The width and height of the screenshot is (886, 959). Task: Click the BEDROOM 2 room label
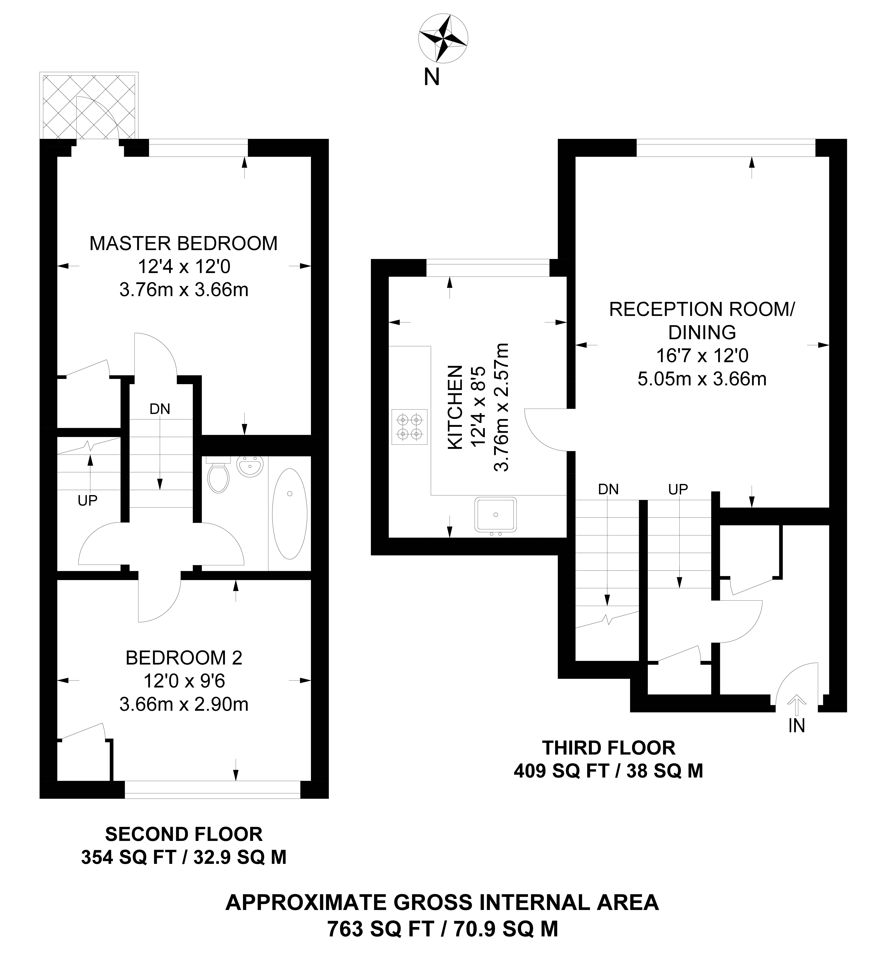click(184, 658)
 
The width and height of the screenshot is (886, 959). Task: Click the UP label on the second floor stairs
click(88, 501)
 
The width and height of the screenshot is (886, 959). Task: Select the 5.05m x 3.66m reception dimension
click(702, 379)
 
